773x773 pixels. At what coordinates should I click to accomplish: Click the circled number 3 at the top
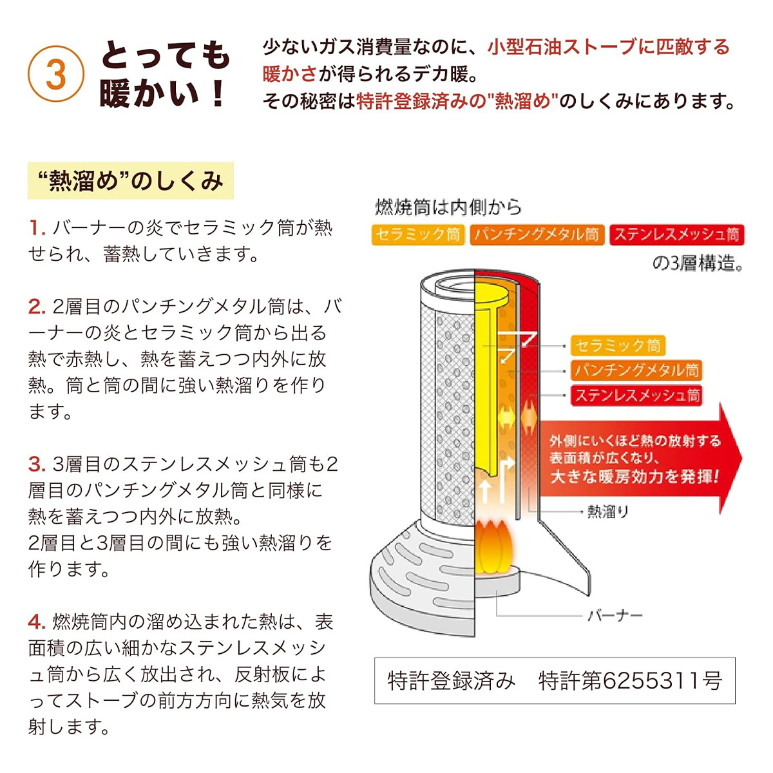pos(56,75)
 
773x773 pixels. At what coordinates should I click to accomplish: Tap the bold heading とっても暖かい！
pos(165,74)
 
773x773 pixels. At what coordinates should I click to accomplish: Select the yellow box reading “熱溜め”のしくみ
pos(131,181)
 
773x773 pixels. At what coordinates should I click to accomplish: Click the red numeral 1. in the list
pos(37,227)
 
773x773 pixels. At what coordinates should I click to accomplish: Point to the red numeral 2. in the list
pos(37,307)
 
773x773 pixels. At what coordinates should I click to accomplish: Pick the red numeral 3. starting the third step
pos(37,464)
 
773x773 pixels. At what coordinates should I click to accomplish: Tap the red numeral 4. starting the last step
pos(37,622)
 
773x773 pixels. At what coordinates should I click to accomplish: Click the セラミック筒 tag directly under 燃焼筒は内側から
pos(418,234)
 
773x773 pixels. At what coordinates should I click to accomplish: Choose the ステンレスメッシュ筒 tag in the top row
pos(676,234)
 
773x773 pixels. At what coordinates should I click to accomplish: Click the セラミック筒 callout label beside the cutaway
pos(618,346)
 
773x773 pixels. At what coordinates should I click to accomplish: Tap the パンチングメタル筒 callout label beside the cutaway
pos(636,370)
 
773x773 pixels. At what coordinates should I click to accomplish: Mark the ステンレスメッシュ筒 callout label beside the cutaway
pos(636,395)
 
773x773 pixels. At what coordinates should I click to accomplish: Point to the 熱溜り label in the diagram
pos(607,512)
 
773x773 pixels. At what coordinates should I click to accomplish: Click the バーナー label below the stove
pos(615,616)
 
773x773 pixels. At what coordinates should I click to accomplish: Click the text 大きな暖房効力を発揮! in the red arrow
pos(635,477)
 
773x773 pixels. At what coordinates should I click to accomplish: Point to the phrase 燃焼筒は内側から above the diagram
pos(448,207)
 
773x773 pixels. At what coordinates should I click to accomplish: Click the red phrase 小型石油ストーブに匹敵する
pos(608,47)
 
